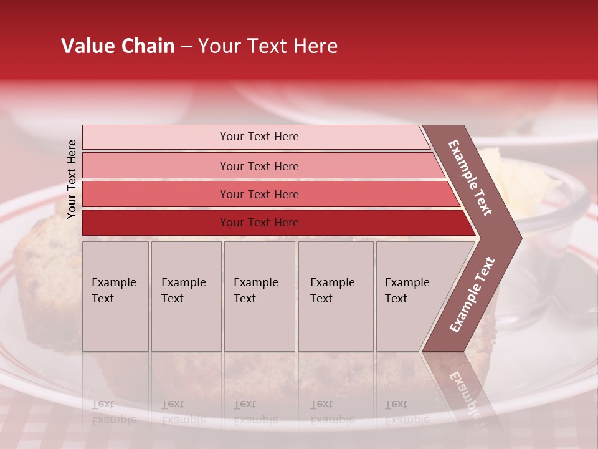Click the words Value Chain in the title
pos(118,46)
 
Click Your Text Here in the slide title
pos(268,46)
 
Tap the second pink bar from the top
pos(259,166)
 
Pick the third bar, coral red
pos(259,194)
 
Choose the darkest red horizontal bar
pos(259,223)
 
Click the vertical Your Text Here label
pos(72,179)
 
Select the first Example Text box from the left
pos(115,296)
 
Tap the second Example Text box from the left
pos(186,296)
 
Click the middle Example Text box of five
pos(259,296)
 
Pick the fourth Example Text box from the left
pos(335,296)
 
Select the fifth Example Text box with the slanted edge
pos(411,296)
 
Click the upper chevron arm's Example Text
pos(471,178)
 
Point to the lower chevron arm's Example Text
pos(472,294)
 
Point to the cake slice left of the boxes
pos(44,281)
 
